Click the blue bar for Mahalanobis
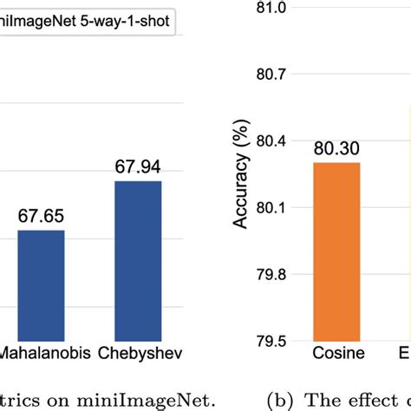click(41, 285)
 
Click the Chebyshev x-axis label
click(136, 355)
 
